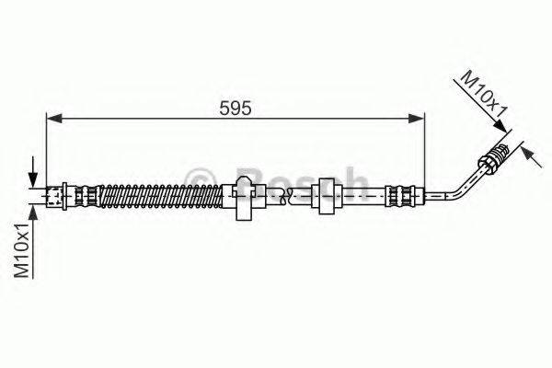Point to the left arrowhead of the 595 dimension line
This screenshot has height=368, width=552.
(x=52, y=117)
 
